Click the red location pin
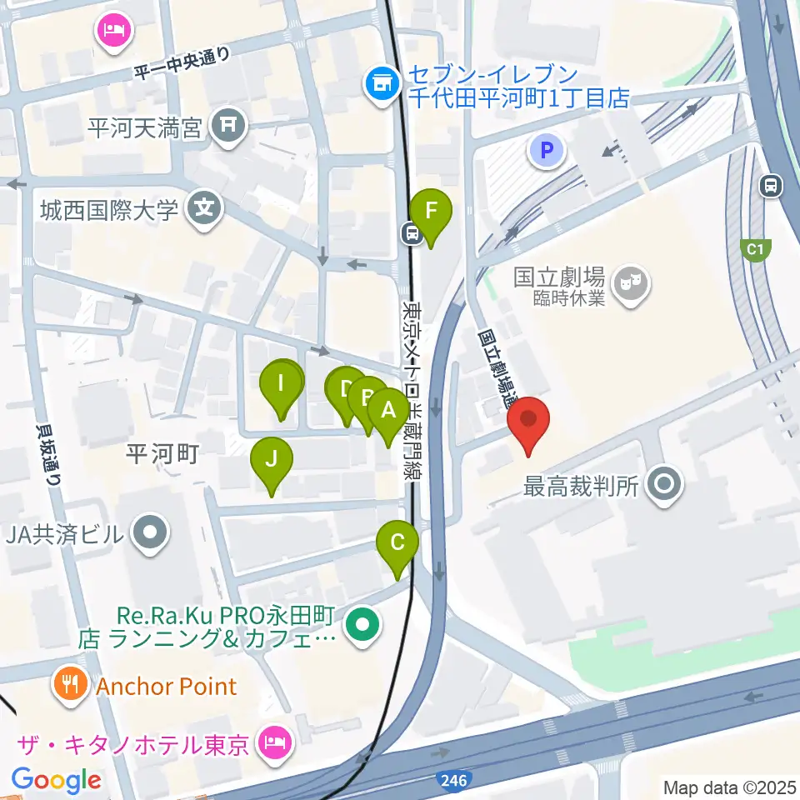point(531,425)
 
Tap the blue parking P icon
point(547,151)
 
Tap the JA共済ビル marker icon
point(151,532)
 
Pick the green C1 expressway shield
point(755,248)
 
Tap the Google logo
point(57,780)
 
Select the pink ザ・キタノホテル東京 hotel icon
point(274,739)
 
